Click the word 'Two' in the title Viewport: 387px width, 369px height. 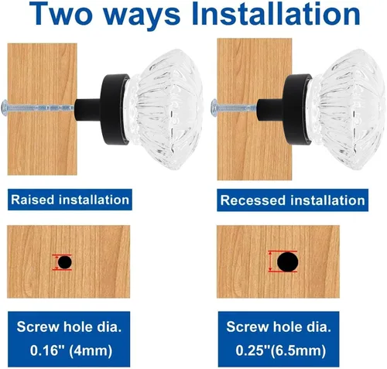point(61,13)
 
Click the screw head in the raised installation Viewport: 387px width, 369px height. point(5,108)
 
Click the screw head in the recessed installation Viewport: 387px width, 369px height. point(214,108)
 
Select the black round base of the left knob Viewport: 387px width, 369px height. point(115,109)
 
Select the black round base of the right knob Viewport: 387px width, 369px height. point(297,109)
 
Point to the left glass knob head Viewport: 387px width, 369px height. point(164,109)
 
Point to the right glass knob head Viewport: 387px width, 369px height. point(347,109)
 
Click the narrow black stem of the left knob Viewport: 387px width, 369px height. point(87,110)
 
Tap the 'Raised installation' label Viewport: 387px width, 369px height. point(70,200)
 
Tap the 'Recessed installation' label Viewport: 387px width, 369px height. point(293,200)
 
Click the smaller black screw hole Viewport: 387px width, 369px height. point(65,262)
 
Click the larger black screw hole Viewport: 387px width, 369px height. point(288,262)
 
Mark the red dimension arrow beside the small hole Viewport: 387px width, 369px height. point(57,262)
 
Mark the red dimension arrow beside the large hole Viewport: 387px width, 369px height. point(270,261)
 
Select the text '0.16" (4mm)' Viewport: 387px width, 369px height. point(71,350)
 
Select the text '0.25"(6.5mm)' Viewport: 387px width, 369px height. point(281,350)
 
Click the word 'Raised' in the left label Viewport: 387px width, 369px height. point(33,200)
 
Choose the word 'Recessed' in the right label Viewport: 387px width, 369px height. point(254,200)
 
